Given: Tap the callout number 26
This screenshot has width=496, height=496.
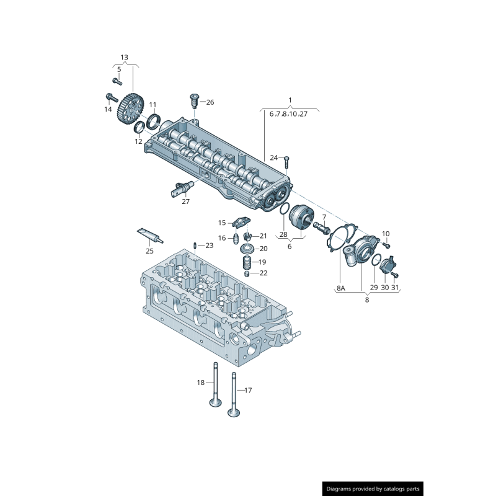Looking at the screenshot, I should (x=210, y=102).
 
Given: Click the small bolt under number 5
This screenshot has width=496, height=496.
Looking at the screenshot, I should (x=117, y=81).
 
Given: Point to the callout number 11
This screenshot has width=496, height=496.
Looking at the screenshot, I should (x=153, y=104).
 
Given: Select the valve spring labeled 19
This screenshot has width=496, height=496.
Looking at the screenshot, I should (x=247, y=261).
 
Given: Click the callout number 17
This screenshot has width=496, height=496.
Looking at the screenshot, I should (x=248, y=391).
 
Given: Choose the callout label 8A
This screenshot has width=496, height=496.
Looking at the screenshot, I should (x=340, y=288).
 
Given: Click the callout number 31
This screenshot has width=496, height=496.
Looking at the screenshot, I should (x=395, y=288).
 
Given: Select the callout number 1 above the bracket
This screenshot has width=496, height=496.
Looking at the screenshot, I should (x=290, y=100).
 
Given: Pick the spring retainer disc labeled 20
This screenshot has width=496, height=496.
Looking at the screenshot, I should (x=247, y=249).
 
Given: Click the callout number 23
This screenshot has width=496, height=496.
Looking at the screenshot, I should (x=209, y=246).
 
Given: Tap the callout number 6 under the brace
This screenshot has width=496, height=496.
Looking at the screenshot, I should (x=289, y=246).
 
